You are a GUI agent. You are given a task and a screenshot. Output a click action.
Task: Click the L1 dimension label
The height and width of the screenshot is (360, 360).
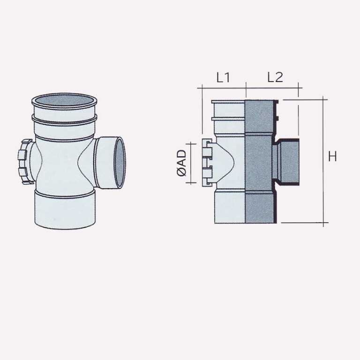pyautogui.click(x=223, y=78)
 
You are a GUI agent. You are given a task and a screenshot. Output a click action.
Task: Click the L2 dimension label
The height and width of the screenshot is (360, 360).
pyautogui.click(x=275, y=78)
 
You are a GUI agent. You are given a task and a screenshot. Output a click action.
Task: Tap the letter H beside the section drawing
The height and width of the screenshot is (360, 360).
pyautogui.click(x=332, y=157)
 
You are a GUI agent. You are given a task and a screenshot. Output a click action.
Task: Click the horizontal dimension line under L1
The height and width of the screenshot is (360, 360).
pyautogui.click(x=222, y=87)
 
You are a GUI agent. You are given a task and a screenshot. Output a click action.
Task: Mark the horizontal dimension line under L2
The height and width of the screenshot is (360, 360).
pyautogui.click(x=273, y=87)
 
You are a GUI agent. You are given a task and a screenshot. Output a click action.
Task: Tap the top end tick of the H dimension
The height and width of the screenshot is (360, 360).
pyautogui.click(x=324, y=99)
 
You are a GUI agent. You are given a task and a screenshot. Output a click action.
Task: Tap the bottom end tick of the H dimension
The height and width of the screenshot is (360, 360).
pyautogui.click(x=324, y=223)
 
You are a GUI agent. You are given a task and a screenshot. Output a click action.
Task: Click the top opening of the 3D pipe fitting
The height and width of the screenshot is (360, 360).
pyautogui.click(x=64, y=101)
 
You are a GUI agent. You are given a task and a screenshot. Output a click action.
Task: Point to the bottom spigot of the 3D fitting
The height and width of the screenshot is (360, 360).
pyautogui.click(x=64, y=210)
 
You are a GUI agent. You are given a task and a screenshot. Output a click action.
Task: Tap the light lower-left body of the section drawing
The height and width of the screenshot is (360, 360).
pyautogui.click(x=229, y=206)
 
